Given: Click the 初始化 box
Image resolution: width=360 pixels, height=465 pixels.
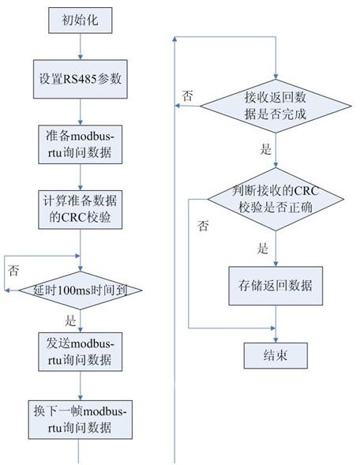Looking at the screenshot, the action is pos(80,21).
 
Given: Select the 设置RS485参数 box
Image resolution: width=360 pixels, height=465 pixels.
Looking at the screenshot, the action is pos(80,79).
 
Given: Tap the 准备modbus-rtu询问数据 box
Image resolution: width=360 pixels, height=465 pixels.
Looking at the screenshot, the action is pos(80,144).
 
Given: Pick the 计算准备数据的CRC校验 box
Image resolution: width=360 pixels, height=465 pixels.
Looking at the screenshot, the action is pos(80,210).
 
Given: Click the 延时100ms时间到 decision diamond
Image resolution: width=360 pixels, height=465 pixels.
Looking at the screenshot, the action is pos(81,291).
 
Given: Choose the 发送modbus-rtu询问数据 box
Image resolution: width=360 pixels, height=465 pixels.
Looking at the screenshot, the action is pos(80,352).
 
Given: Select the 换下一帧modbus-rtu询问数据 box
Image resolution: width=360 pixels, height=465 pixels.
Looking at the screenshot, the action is pos(80,420).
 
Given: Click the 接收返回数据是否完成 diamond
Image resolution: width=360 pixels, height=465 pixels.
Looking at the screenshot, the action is pos(276,106).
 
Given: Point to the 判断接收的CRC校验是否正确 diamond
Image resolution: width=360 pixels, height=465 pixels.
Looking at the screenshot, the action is pos(276,199).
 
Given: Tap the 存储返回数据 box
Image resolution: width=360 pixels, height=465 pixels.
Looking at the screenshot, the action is pos(276,286).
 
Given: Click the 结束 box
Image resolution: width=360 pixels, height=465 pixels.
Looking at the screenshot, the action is pos(276,356).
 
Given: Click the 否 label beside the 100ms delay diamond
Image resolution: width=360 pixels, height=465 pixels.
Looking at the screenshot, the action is pos(13,271).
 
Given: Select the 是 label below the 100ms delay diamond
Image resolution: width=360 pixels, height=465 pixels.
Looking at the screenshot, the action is pos(70,321).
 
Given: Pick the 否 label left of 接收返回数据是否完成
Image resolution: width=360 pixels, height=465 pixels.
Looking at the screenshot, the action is pos(187,96).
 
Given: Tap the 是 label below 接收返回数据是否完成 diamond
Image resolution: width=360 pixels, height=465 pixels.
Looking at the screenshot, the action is pos(266,149).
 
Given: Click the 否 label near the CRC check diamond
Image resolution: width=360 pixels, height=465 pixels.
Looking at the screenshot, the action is pos(203,226).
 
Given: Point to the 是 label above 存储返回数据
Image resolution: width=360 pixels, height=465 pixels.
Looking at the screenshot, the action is pos(263,248).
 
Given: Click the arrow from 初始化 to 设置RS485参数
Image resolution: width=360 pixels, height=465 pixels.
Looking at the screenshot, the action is pos(80,47).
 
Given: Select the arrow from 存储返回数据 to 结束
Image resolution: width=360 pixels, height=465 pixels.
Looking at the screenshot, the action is pos(276,324).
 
